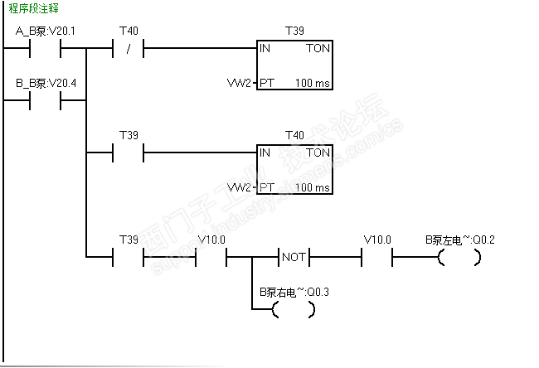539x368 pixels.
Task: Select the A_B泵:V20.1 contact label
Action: click(46, 31)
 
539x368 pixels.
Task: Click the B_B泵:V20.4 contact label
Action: click(46, 84)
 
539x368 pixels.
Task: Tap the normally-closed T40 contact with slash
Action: click(128, 48)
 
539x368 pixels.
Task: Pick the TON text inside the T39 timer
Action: click(318, 49)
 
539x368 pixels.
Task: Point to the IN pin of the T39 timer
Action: click(265, 49)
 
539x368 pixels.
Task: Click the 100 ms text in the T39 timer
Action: click(313, 84)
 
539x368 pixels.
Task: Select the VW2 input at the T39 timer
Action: click(239, 84)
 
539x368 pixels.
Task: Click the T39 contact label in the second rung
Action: click(128, 135)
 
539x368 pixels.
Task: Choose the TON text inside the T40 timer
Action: click(318, 153)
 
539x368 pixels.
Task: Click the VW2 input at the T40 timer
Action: click(239, 187)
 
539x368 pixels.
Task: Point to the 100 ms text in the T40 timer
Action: click(313, 187)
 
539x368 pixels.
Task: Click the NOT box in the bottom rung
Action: click(294, 257)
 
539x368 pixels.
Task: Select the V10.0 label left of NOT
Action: click(211, 240)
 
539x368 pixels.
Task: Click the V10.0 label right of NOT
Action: click(376, 240)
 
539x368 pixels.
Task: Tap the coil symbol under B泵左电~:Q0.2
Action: click(459, 258)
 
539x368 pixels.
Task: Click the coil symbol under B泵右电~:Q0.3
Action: click(294, 310)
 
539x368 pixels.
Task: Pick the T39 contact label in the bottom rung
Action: click(128, 240)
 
